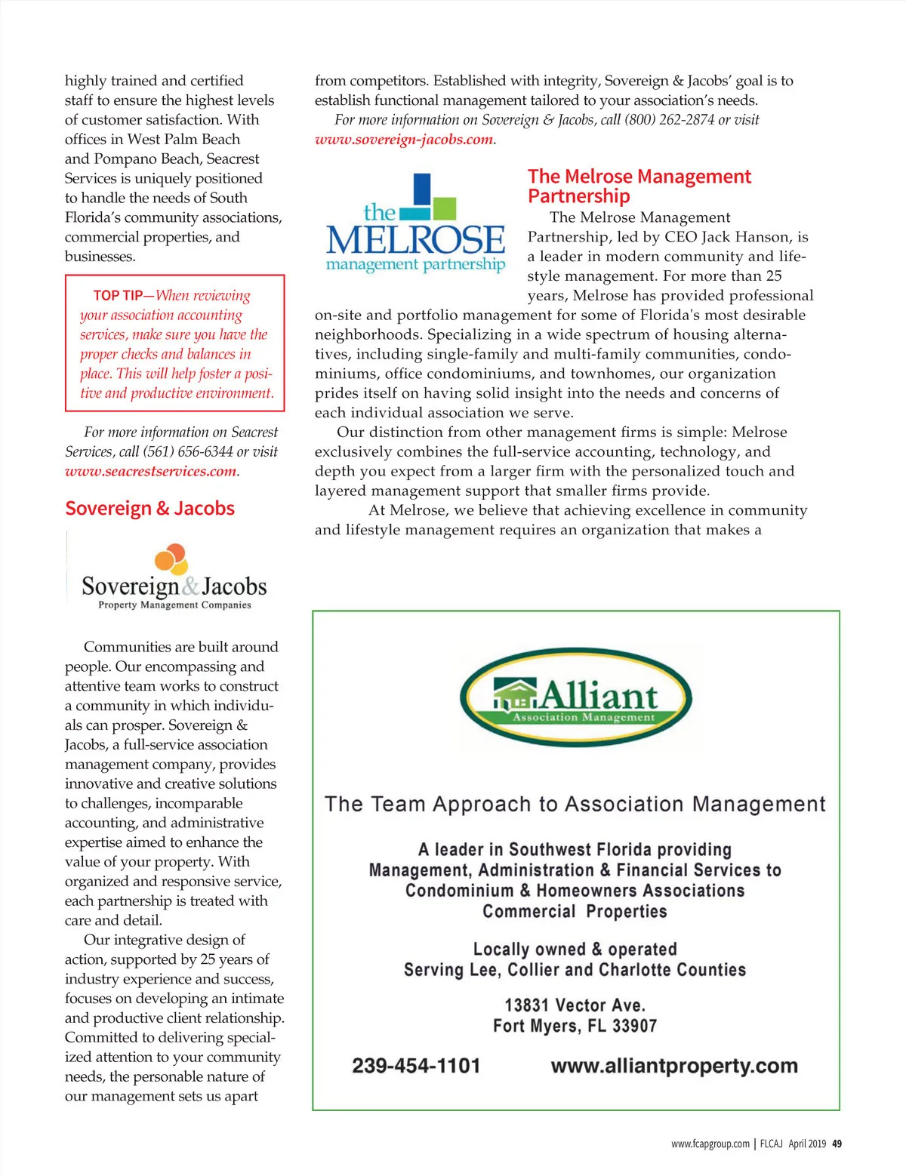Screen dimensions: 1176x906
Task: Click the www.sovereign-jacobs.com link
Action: pyautogui.click(x=404, y=140)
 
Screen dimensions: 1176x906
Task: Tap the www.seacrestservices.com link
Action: pyautogui.click(x=151, y=472)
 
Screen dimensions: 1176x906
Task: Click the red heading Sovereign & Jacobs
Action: pyautogui.click(x=149, y=509)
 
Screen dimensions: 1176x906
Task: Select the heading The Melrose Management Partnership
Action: pyautogui.click(x=639, y=186)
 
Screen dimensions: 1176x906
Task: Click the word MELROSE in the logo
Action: pyautogui.click(x=415, y=240)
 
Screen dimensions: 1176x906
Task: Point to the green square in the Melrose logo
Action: pyautogui.click(x=445, y=208)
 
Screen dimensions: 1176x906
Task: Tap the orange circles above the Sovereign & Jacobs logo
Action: pyautogui.click(x=171, y=559)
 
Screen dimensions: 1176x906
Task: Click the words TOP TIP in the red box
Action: pyautogui.click(x=118, y=296)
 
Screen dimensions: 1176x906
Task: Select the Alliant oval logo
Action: pyautogui.click(x=575, y=697)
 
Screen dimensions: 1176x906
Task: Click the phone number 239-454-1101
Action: pyautogui.click(x=416, y=1066)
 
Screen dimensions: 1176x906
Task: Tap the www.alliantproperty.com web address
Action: pyautogui.click(x=674, y=1066)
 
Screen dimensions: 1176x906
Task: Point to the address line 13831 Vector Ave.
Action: pyautogui.click(x=575, y=1005)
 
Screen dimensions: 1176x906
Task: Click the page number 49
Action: pyautogui.click(x=837, y=1144)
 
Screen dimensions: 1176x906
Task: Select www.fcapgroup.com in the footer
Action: pyautogui.click(x=710, y=1144)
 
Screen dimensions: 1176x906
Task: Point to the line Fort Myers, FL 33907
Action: pyautogui.click(x=575, y=1026)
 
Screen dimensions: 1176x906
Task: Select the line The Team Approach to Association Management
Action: pyautogui.click(x=575, y=805)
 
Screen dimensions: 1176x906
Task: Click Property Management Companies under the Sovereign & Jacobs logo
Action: pyautogui.click(x=174, y=605)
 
